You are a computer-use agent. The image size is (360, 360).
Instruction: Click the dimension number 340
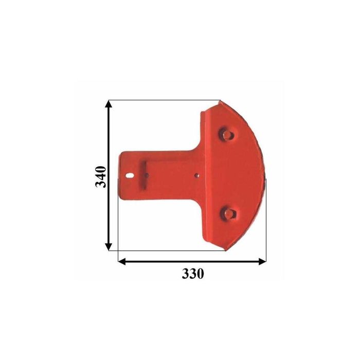[101, 176]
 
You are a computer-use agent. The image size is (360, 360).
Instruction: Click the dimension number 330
[192, 274]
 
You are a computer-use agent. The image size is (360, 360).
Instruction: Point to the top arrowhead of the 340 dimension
[109, 104]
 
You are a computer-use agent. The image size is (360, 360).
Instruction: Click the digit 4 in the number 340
[101, 176]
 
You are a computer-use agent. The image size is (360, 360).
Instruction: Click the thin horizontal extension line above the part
[165, 100]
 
